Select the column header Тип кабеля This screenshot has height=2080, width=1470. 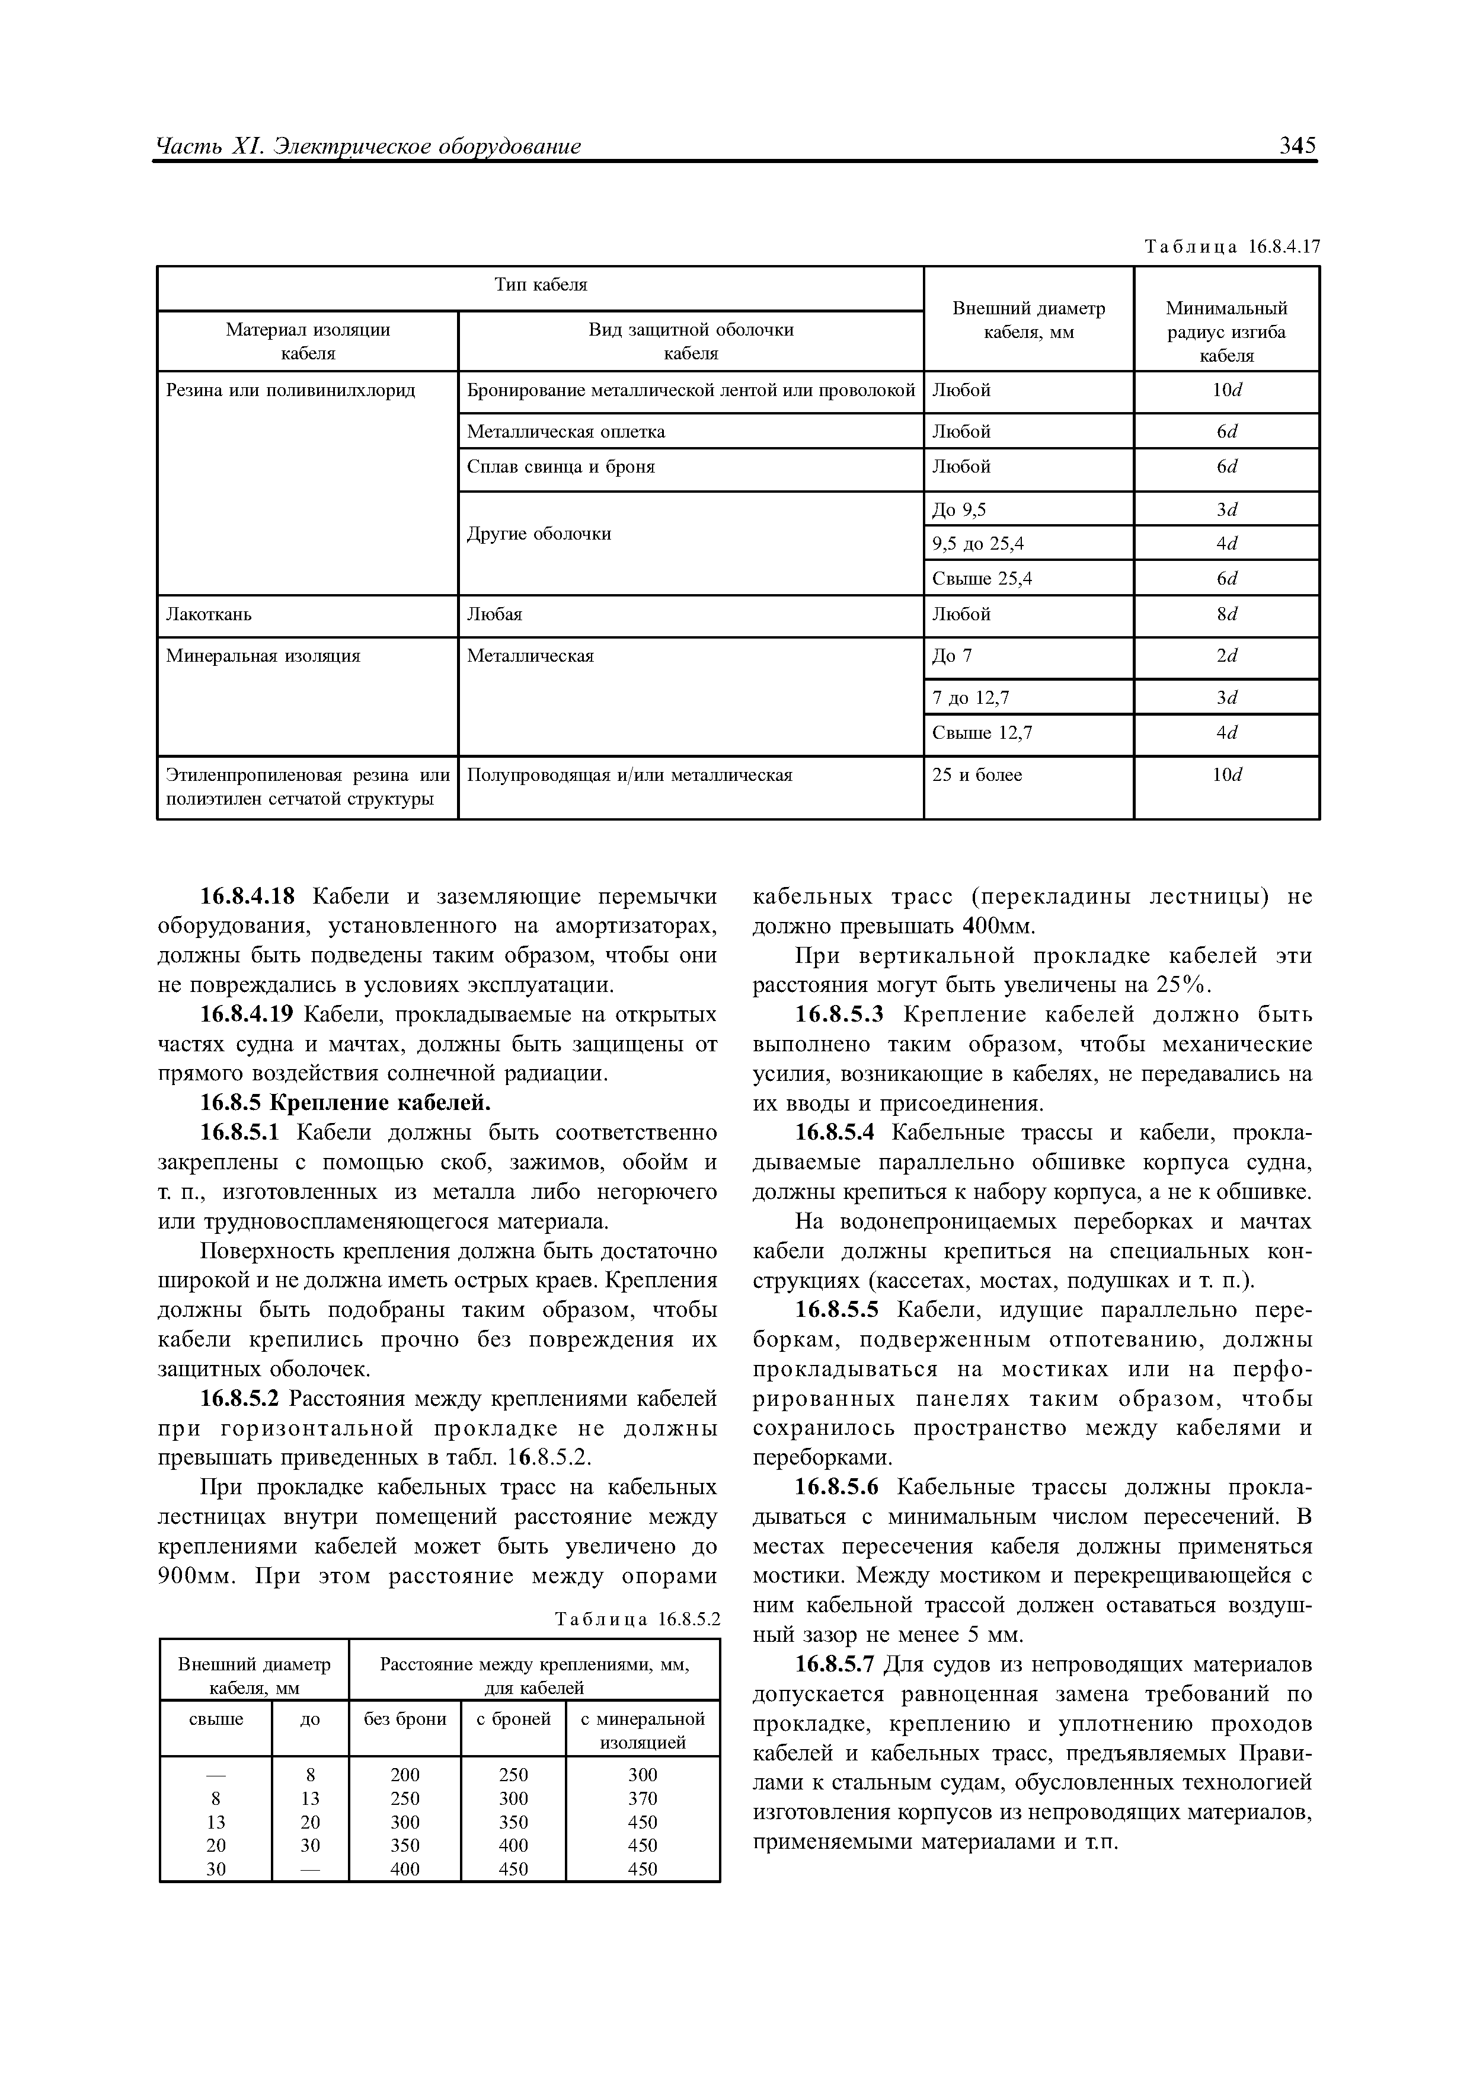point(541,285)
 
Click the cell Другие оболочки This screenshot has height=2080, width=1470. point(539,534)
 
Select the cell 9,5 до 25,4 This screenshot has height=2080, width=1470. point(978,544)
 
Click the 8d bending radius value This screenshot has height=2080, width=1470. point(1226,615)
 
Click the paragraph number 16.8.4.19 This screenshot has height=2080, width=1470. point(247,1015)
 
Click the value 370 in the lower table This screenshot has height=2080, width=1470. point(642,1798)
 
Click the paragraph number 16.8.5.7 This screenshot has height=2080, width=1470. point(837,1665)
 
